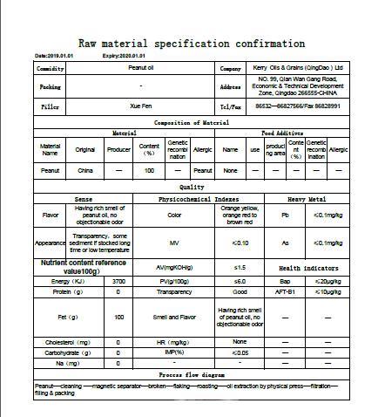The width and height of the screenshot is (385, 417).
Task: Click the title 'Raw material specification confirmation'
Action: (x=192, y=43)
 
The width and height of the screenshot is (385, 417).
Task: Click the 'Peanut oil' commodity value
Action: (x=141, y=67)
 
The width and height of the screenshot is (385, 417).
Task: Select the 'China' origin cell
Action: (x=84, y=171)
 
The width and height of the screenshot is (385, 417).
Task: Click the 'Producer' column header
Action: (x=118, y=149)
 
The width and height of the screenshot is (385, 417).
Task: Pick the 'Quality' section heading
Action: (x=192, y=187)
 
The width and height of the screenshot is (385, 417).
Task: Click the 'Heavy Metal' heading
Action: (x=307, y=199)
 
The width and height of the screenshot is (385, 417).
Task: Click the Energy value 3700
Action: (x=118, y=281)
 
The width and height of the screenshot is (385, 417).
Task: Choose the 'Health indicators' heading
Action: (x=307, y=267)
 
